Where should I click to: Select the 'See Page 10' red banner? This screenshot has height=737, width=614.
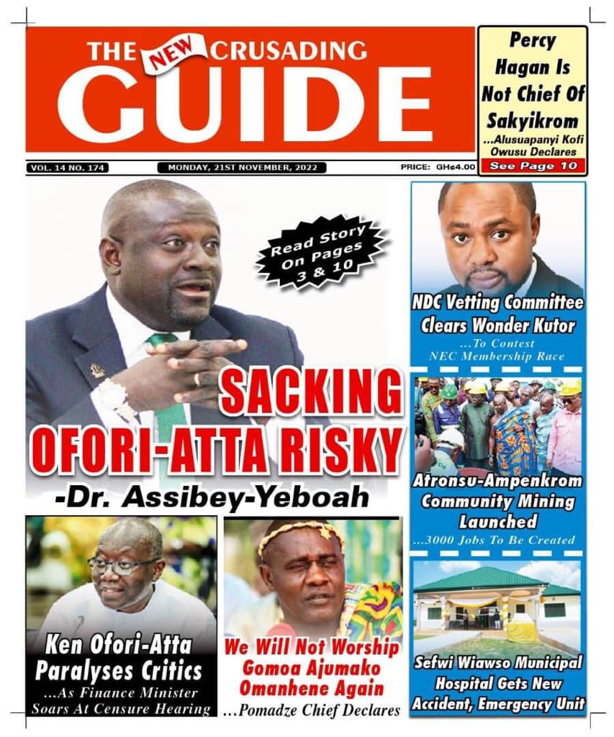(532, 166)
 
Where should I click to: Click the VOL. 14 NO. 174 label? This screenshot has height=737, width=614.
(68, 168)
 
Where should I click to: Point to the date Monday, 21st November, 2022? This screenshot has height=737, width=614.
(242, 168)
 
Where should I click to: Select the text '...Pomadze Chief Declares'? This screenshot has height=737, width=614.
(312, 711)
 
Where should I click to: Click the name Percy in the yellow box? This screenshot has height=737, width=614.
(533, 41)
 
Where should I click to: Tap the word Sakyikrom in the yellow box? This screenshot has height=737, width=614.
(532, 120)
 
